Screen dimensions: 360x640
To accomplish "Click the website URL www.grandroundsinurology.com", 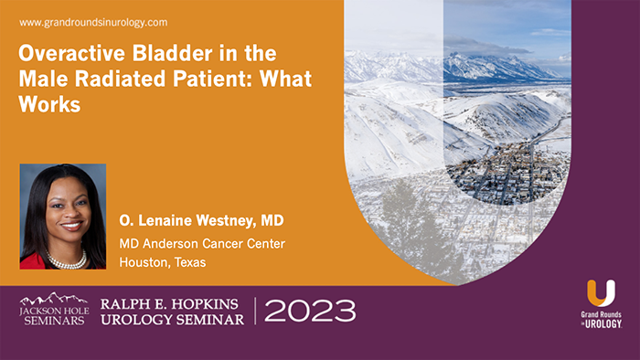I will click(x=92, y=21).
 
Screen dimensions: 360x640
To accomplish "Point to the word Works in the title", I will click(x=50, y=104).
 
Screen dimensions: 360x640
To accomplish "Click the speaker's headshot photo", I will click(x=62, y=216).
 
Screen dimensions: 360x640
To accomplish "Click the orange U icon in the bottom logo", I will click(x=601, y=294).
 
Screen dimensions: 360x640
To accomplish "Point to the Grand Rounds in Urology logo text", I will click(x=601, y=320).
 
